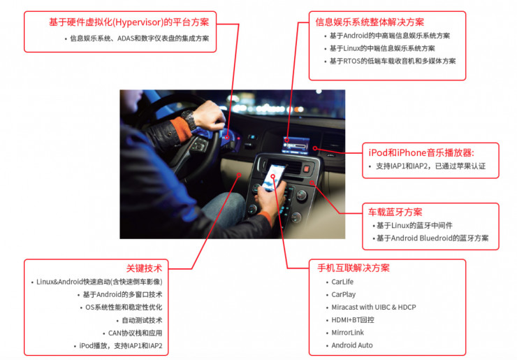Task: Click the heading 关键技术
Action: (x=144, y=268)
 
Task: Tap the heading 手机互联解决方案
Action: (x=354, y=268)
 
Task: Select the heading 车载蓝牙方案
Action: (x=395, y=213)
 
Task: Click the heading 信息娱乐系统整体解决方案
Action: (x=370, y=22)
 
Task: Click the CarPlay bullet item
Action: (x=343, y=294)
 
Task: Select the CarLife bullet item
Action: (x=342, y=282)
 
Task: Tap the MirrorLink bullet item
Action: (x=347, y=333)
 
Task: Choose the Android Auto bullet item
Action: (x=352, y=345)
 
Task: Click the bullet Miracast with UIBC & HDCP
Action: (x=374, y=307)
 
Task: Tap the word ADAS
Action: (x=126, y=38)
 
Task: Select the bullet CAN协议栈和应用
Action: (x=135, y=333)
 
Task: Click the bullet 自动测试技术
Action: (x=142, y=320)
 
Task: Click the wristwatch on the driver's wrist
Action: (x=189, y=119)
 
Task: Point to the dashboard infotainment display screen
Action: (x=296, y=145)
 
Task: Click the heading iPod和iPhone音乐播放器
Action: (x=421, y=153)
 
